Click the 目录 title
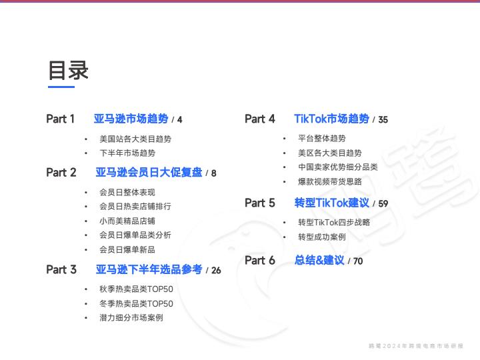tap(69, 71)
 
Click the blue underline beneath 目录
tap(61, 87)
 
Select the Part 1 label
tap(60, 119)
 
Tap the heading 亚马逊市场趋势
tap(131, 119)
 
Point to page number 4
tap(180, 120)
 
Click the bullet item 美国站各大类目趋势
tap(135, 139)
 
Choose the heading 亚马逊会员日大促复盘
tap(149, 173)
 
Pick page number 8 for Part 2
tap(214, 173)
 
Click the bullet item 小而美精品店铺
tap(127, 221)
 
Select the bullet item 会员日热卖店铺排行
tap(135, 206)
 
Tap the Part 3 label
tap(61, 269)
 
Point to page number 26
tap(216, 270)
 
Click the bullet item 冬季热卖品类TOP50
tap(136, 303)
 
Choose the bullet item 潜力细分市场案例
tap(131, 317)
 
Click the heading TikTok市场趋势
tap(332, 119)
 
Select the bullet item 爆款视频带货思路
tap(330, 181)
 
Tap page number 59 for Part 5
tap(383, 203)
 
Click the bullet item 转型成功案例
tap(322, 237)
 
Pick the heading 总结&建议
tap(319, 260)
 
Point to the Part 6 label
tap(260, 260)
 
